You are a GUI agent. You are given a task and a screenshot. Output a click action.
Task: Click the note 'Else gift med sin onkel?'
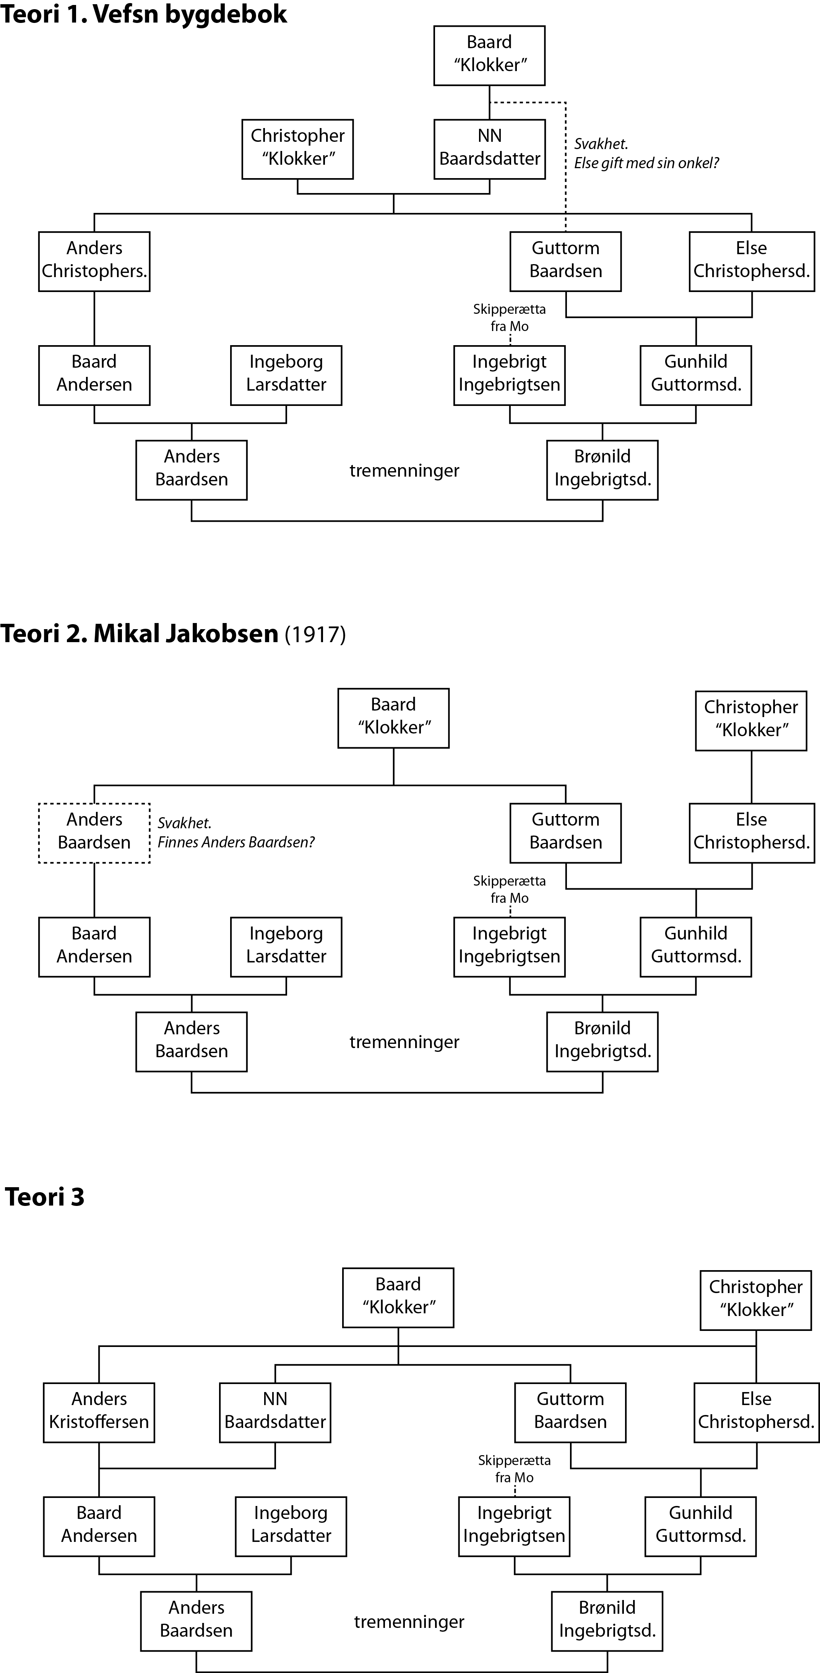pyautogui.click(x=646, y=163)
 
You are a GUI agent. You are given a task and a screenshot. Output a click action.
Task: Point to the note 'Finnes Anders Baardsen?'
pyautogui.click(x=236, y=842)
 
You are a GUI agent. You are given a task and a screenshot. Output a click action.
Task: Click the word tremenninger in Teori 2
pyautogui.click(x=404, y=1042)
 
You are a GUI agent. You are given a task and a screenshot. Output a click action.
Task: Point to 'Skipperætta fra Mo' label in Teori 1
pyautogui.click(x=510, y=318)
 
